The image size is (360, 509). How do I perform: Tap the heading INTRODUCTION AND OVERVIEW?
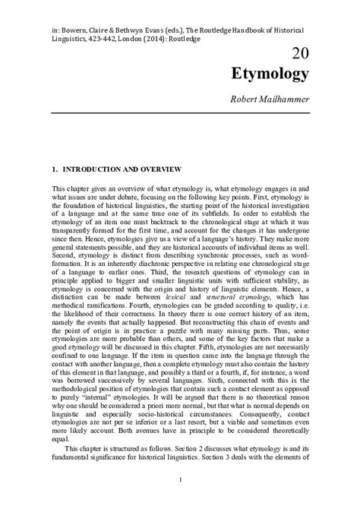click(126, 166)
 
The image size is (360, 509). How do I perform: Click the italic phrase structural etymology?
click(242, 302)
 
